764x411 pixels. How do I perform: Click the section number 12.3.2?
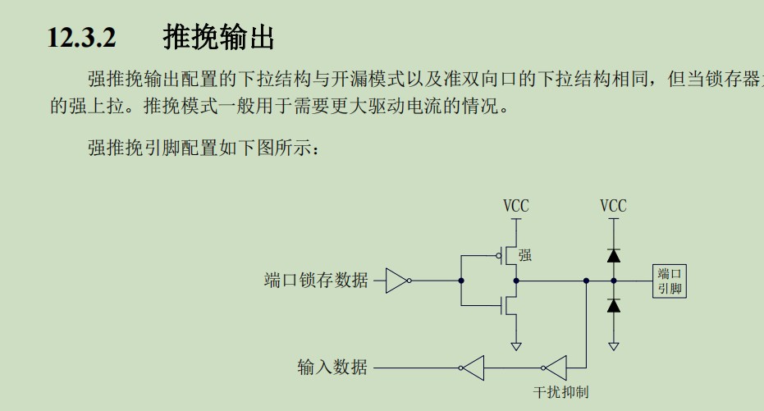click(x=82, y=38)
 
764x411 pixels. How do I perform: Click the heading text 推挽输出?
click(x=218, y=37)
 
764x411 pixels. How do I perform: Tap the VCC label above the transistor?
click(x=516, y=206)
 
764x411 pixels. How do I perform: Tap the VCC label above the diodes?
click(x=613, y=206)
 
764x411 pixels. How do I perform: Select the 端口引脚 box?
click(x=670, y=281)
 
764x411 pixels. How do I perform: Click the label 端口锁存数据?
click(x=316, y=281)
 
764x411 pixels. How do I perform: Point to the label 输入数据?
click(x=332, y=368)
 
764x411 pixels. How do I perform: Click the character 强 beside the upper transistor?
click(x=525, y=255)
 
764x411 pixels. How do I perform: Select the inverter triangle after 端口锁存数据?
click(x=397, y=281)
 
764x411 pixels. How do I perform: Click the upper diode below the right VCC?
click(x=613, y=255)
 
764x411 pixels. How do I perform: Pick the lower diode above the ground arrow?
click(x=613, y=306)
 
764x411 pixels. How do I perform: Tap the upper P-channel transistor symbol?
click(x=510, y=256)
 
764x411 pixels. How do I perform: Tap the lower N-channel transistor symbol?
click(x=510, y=305)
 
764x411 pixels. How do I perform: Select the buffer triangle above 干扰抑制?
click(x=555, y=368)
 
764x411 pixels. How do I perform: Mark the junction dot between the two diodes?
click(x=613, y=281)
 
